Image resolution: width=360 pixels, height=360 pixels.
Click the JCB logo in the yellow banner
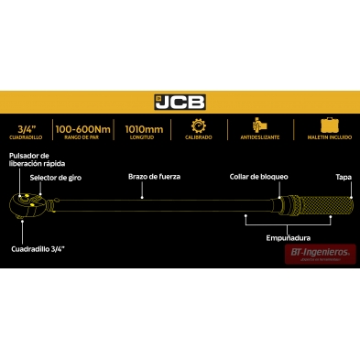pyautogui.click(x=180, y=102)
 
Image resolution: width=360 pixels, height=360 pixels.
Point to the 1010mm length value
pyautogui.click(x=143, y=127)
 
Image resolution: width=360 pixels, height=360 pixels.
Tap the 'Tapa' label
pyautogui.click(x=340, y=178)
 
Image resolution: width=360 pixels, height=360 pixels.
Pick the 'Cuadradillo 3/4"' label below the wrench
pyautogui.click(x=38, y=248)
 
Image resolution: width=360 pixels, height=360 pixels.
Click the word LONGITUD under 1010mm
pyautogui.click(x=143, y=138)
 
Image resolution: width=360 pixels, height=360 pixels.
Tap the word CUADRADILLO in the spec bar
pyautogui.click(x=27, y=138)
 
